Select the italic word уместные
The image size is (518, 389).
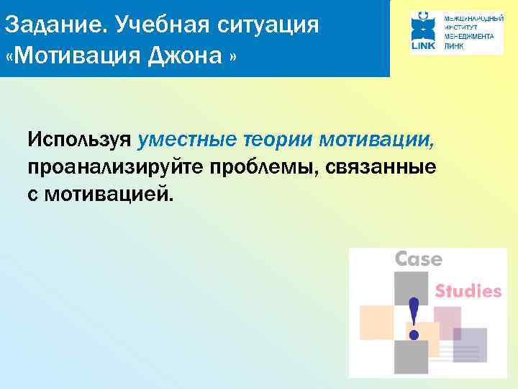click(x=188, y=138)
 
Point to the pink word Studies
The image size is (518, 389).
click(x=468, y=291)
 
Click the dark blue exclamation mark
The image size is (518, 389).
click(x=414, y=318)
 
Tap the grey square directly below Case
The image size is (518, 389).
click(x=410, y=287)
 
